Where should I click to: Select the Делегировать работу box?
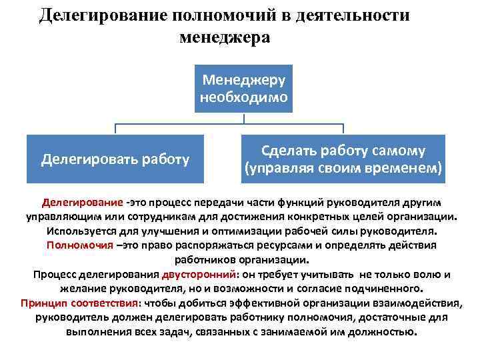tap(115, 159)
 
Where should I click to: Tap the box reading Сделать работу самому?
tap(343, 159)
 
